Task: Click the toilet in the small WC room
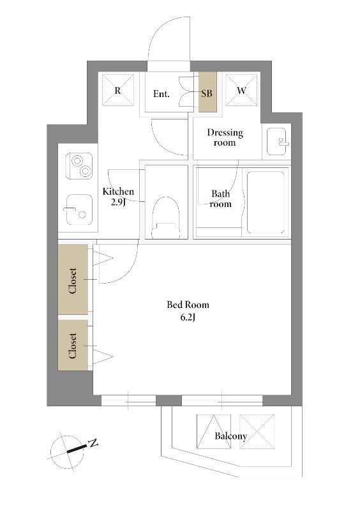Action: [166, 217]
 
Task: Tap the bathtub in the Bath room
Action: [266, 202]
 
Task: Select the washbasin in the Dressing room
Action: [277, 141]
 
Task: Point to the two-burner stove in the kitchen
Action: [79, 166]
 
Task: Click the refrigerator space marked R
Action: [117, 90]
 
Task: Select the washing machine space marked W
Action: [241, 90]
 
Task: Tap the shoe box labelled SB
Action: [208, 92]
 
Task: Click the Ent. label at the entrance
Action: [161, 94]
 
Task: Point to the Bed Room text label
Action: [188, 305]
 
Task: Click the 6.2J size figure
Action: [188, 317]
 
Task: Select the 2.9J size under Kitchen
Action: [118, 202]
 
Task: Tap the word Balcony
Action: [230, 436]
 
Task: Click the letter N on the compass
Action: [93, 443]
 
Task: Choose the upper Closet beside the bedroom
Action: [73, 280]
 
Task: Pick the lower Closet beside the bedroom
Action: [73, 345]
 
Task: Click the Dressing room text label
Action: [225, 137]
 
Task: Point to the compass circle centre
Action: [67, 452]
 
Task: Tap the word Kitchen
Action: [118, 192]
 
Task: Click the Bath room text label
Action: [221, 199]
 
